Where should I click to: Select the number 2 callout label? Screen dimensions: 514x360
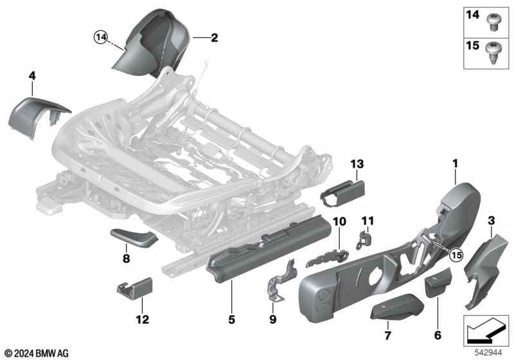(214, 39)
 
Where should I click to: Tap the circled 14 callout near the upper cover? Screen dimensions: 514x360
(100, 38)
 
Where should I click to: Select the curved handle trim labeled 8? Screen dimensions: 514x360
(132, 239)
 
